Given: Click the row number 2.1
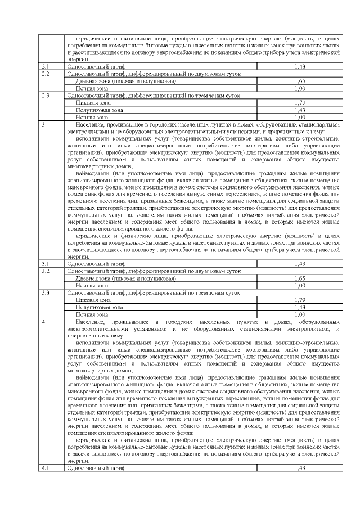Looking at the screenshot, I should [46, 66].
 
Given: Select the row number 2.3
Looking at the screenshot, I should [46, 96].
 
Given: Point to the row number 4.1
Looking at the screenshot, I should [46, 467].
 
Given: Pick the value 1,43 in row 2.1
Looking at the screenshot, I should [300, 66].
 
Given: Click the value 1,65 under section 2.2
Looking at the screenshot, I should [300, 81].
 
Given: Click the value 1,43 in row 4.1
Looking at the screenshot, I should [300, 467].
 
